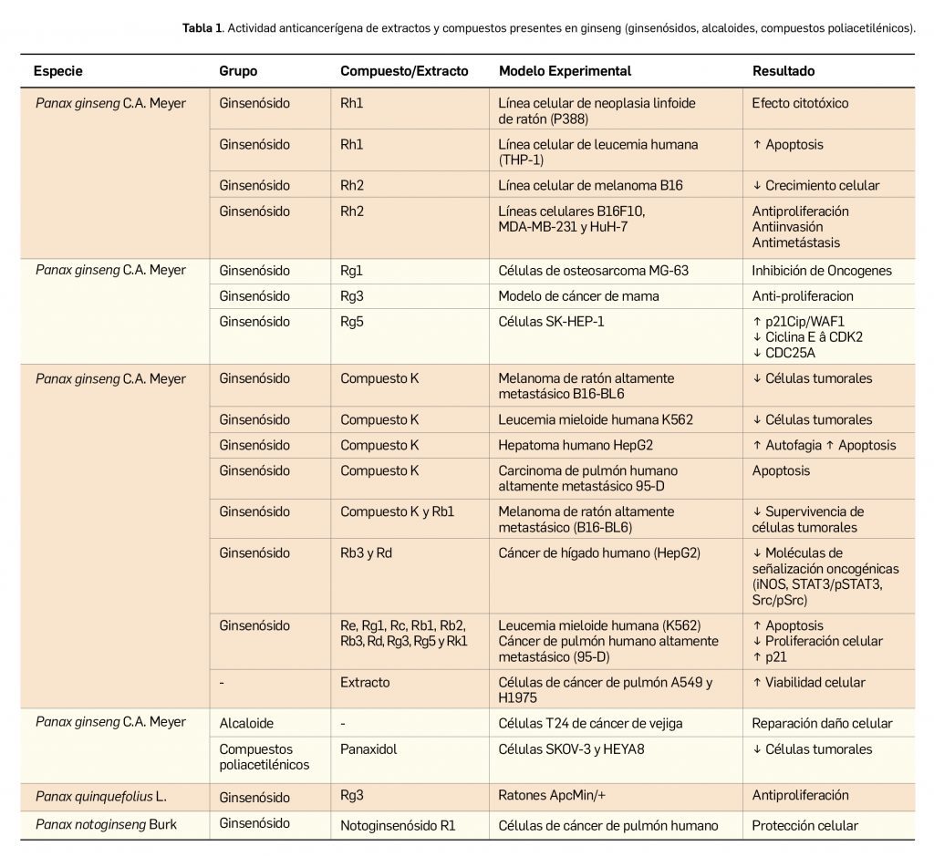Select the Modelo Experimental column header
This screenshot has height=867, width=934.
(565, 71)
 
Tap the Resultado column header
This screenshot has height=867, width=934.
(784, 71)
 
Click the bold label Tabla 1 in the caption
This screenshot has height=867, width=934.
(202, 28)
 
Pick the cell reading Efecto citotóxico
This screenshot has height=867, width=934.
(800, 103)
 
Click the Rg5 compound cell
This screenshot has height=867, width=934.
(352, 321)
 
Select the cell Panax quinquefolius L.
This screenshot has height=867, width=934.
(101, 796)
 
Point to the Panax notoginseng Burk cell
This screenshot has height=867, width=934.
(107, 825)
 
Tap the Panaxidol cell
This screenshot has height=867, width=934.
(370, 748)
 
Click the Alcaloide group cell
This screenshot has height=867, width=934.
(246, 722)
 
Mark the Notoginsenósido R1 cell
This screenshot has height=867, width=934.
(398, 826)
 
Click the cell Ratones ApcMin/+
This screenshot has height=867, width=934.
(555, 796)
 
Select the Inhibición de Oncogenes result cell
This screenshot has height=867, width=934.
(822, 270)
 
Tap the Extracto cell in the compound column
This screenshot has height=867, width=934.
(365, 682)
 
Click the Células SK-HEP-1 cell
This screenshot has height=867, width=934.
(550, 321)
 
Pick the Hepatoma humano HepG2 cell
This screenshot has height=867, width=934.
(576, 445)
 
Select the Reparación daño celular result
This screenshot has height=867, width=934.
(822, 723)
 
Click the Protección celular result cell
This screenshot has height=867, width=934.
(804, 826)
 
